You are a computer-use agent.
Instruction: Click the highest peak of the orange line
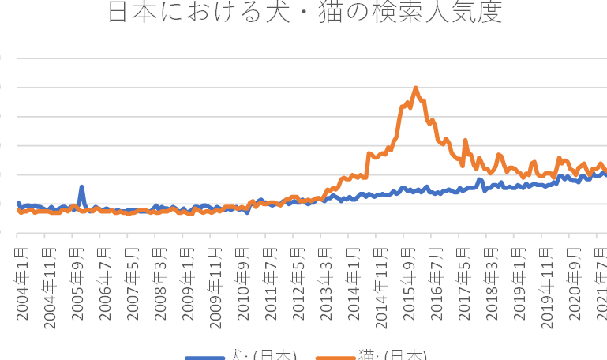tap(415, 88)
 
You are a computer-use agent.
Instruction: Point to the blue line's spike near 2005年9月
tap(81, 187)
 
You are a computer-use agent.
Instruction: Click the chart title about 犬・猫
tap(303, 13)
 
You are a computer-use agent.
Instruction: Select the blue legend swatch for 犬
tap(204, 357)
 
